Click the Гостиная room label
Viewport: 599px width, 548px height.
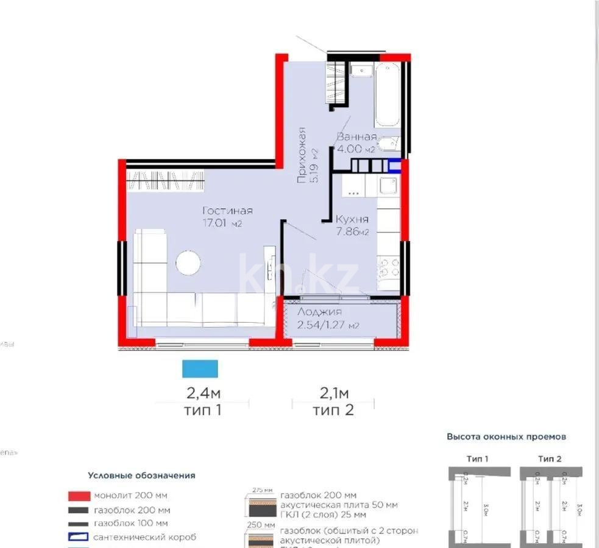tap(227, 211)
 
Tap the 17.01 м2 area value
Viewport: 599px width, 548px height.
tap(223, 223)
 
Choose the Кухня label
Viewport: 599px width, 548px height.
tap(352, 219)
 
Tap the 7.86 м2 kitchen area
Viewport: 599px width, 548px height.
tap(352, 231)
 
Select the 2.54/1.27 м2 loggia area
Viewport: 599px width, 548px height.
tap(328, 325)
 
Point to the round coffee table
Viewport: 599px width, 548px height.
tap(188, 262)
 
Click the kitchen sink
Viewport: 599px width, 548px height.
tap(388, 185)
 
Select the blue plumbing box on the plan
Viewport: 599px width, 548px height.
tap(395, 165)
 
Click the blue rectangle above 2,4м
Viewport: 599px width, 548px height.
tap(200, 369)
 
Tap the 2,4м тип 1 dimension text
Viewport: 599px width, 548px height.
tap(202, 401)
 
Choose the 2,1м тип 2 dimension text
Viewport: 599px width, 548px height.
tap(333, 401)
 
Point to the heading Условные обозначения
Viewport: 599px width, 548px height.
tap(141, 476)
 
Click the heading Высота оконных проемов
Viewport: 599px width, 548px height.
tap(506, 437)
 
